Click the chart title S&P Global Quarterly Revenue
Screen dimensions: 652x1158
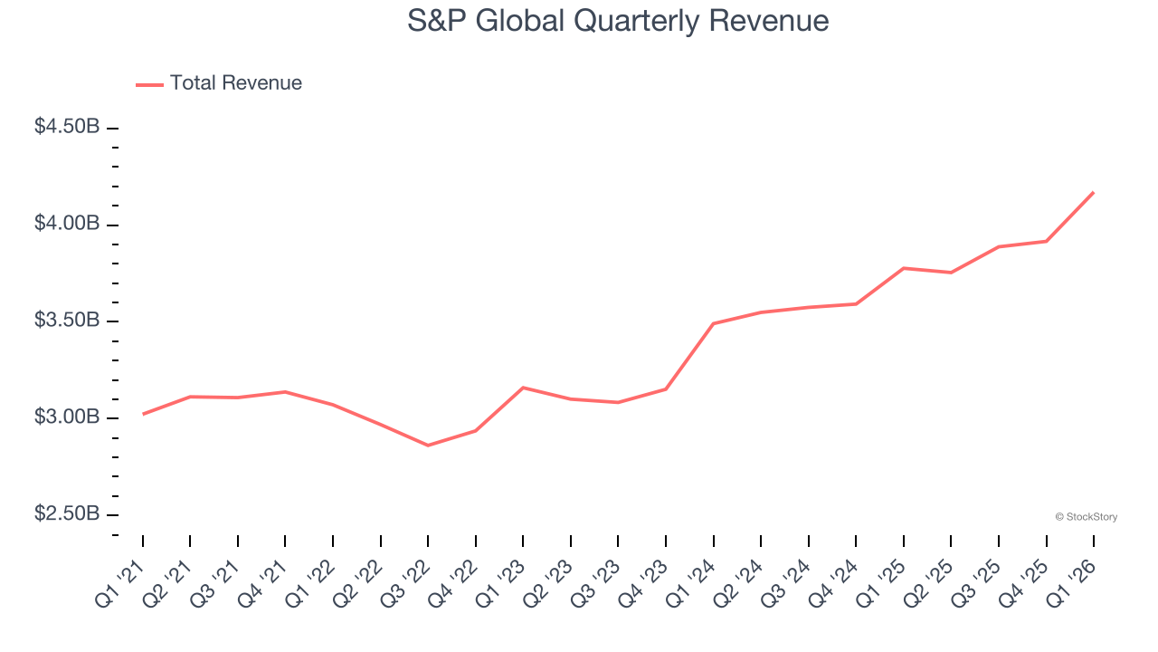coord(618,21)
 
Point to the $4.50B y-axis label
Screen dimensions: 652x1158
coord(67,127)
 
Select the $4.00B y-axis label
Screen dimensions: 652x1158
coord(67,224)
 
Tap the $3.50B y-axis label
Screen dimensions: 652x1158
coord(67,321)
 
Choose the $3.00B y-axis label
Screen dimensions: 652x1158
coord(67,417)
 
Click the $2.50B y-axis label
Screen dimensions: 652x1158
coord(67,514)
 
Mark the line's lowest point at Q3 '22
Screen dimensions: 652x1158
coord(428,446)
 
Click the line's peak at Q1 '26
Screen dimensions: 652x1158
coord(1094,192)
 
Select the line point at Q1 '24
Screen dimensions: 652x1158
coord(714,323)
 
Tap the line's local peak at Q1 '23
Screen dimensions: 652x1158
coord(523,388)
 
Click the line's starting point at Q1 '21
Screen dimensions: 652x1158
coord(143,414)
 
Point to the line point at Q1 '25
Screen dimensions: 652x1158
coord(904,268)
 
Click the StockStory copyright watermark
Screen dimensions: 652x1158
coord(1086,517)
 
